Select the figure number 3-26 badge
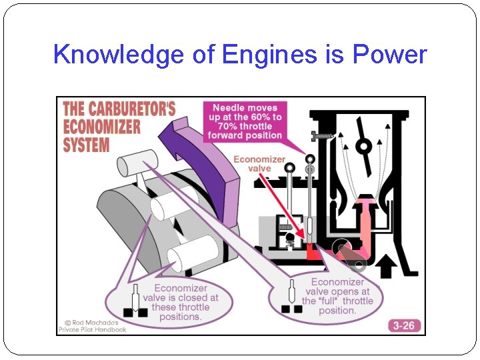pos(403,325)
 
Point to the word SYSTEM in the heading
pos(87,143)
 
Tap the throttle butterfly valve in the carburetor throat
pos(363,145)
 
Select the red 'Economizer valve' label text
pos(259,164)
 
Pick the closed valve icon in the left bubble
pos(136,303)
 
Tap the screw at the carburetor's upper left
pos(323,136)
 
